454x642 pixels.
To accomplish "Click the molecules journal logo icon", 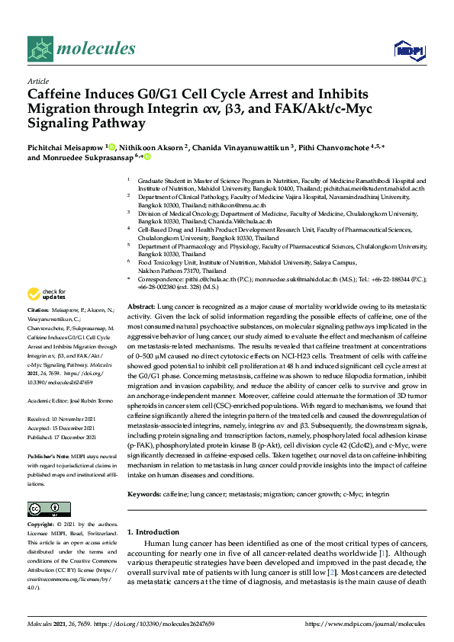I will point(39,50).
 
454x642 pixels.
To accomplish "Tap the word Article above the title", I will point(37,81).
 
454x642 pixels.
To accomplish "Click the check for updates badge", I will point(47,294).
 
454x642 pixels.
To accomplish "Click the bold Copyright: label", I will point(42,525).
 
